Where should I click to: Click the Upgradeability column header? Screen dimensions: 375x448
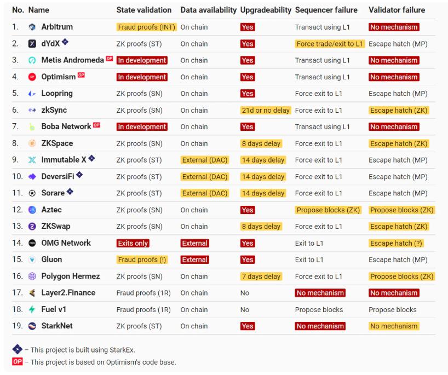click(266, 10)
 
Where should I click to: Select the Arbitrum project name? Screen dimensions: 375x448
click(57, 27)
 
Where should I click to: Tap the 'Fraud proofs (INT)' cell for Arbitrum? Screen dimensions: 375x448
click(146, 27)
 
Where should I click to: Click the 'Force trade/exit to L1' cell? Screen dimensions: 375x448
click(329, 44)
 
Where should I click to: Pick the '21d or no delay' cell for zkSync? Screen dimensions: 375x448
click(266, 110)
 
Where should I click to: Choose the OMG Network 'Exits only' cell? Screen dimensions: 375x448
click(133, 243)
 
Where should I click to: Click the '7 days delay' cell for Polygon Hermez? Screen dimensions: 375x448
click(261, 276)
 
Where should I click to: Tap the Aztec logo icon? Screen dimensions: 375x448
click(32, 210)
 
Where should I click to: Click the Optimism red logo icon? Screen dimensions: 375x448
click(32, 77)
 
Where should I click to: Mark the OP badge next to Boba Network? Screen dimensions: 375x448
click(97, 125)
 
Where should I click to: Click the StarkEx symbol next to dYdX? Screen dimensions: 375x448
click(65, 42)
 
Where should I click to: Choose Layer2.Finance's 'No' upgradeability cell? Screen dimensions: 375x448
click(245, 293)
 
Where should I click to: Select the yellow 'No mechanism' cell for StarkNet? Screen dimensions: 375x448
click(394, 326)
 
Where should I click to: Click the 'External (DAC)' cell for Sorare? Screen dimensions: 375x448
click(204, 193)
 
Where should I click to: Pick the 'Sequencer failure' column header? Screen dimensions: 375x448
click(326, 10)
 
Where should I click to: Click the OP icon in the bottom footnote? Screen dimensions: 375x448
click(18, 361)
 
